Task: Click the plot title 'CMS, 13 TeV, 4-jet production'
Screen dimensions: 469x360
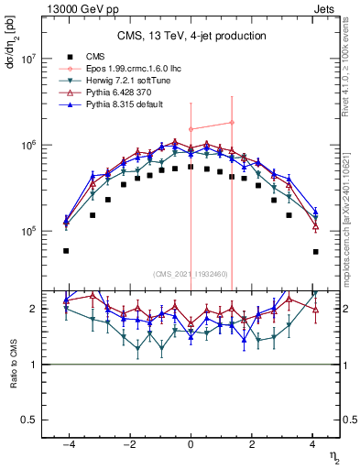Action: click(191, 37)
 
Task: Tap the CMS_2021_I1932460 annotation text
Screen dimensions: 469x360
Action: click(191, 274)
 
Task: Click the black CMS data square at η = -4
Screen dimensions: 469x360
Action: click(66, 250)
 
